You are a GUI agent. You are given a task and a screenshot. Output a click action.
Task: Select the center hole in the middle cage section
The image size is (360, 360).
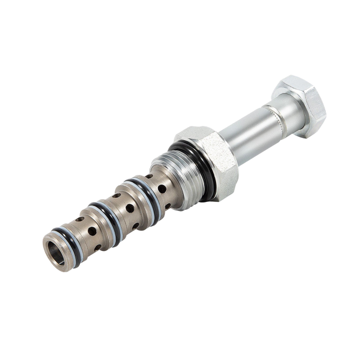coord(129,208)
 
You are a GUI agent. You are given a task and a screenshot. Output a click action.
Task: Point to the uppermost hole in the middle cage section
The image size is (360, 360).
coord(117,196)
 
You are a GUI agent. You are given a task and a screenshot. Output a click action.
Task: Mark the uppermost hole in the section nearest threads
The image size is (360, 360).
coord(149,177)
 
